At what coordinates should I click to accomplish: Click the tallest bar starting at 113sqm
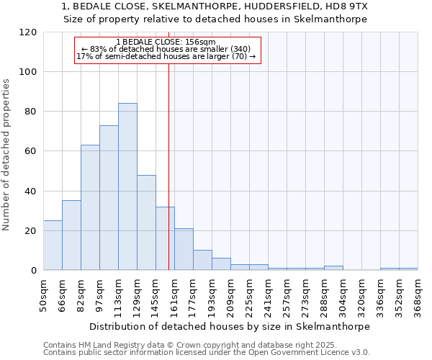pyautogui.click(x=127, y=187)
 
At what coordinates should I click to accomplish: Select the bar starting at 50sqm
pyautogui.click(x=53, y=246)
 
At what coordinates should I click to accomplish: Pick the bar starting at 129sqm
pyautogui.click(x=146, y=222)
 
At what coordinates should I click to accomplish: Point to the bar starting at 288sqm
pyautogui.click(x=333, y=268)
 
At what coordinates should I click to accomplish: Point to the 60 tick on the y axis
pyautogui.click(x=30, y=151)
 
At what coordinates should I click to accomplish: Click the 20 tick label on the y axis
pyautogui.click(x=30, y=231)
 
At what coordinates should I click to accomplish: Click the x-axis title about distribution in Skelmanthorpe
pyautogui.click(x=230, y=326)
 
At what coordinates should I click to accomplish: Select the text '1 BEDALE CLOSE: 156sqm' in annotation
pyautogui.click(x=166, y=42)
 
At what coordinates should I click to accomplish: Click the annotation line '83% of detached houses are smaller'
pyautogui.click(x=166, y=49)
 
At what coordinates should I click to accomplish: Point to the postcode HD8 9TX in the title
pyautogui.click(x=343, y=6)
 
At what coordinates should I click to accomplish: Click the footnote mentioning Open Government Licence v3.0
pyautogui.click(x=207, y=352)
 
